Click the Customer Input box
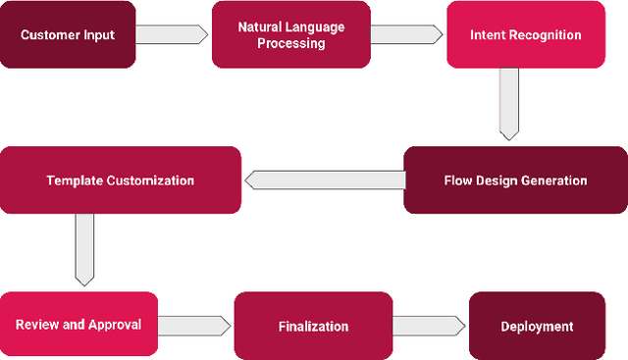68,35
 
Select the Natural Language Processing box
291,35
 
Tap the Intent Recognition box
525,35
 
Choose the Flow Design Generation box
515,180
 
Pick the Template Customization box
120,180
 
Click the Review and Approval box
78,325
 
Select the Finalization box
313,326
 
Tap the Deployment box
537,326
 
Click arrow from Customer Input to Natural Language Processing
172,34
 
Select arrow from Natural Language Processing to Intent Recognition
406,34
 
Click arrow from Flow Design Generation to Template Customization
324,180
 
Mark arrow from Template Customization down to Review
85,249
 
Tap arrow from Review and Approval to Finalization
194,325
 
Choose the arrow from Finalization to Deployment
429,325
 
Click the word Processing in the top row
291,43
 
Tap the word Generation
554,180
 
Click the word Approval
116,325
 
